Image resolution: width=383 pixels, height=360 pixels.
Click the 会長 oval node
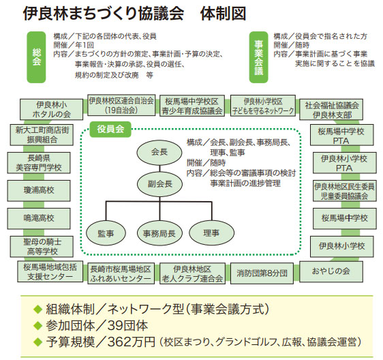[159, 151]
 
